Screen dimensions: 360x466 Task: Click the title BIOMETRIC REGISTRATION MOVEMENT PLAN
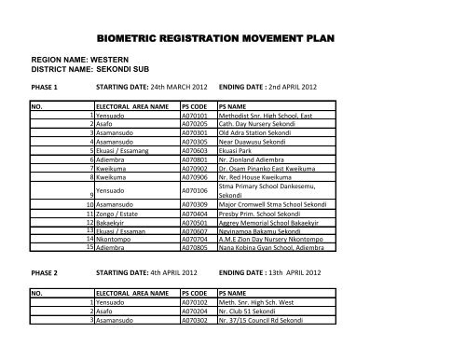point(233,40)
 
